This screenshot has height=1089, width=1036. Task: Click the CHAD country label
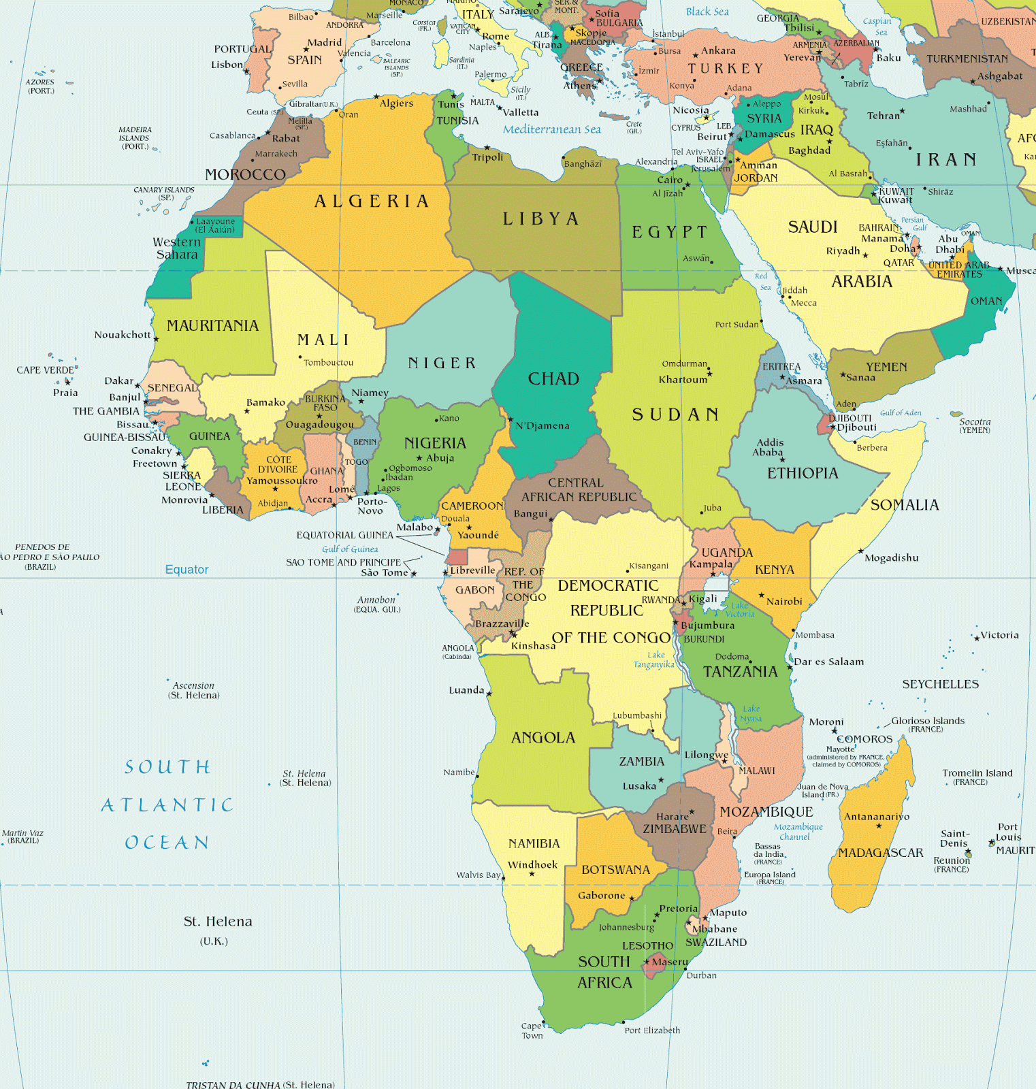(x=553, y=379)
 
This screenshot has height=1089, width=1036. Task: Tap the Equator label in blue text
(x=187, y=570)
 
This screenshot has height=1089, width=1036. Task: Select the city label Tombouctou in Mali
(x=328, y=363)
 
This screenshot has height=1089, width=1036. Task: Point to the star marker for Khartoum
(x=710, y=374)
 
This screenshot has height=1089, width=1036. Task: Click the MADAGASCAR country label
(x=880, y=853)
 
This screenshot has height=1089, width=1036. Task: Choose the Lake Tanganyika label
(x=653, y=660)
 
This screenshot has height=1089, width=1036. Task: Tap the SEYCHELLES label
(x=940, y=684)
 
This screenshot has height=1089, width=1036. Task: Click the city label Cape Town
(x=532, y=1030)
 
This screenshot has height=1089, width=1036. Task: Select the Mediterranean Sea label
(x=551, y=129)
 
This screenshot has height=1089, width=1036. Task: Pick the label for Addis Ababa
(x=768, y=447)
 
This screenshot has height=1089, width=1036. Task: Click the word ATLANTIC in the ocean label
(x=167, y=805)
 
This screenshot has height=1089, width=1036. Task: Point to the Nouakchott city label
(x=122, y=335)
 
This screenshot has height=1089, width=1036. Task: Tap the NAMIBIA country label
(x=534, y=844)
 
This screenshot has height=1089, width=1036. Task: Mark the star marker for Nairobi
(x=762, y=595)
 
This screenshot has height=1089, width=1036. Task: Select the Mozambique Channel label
(x=798, y=832)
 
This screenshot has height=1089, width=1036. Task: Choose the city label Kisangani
(x=649, y=566)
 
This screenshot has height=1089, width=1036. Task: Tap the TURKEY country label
(x=725, y=69)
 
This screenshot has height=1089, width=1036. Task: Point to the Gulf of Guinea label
(x=350, y=549)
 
